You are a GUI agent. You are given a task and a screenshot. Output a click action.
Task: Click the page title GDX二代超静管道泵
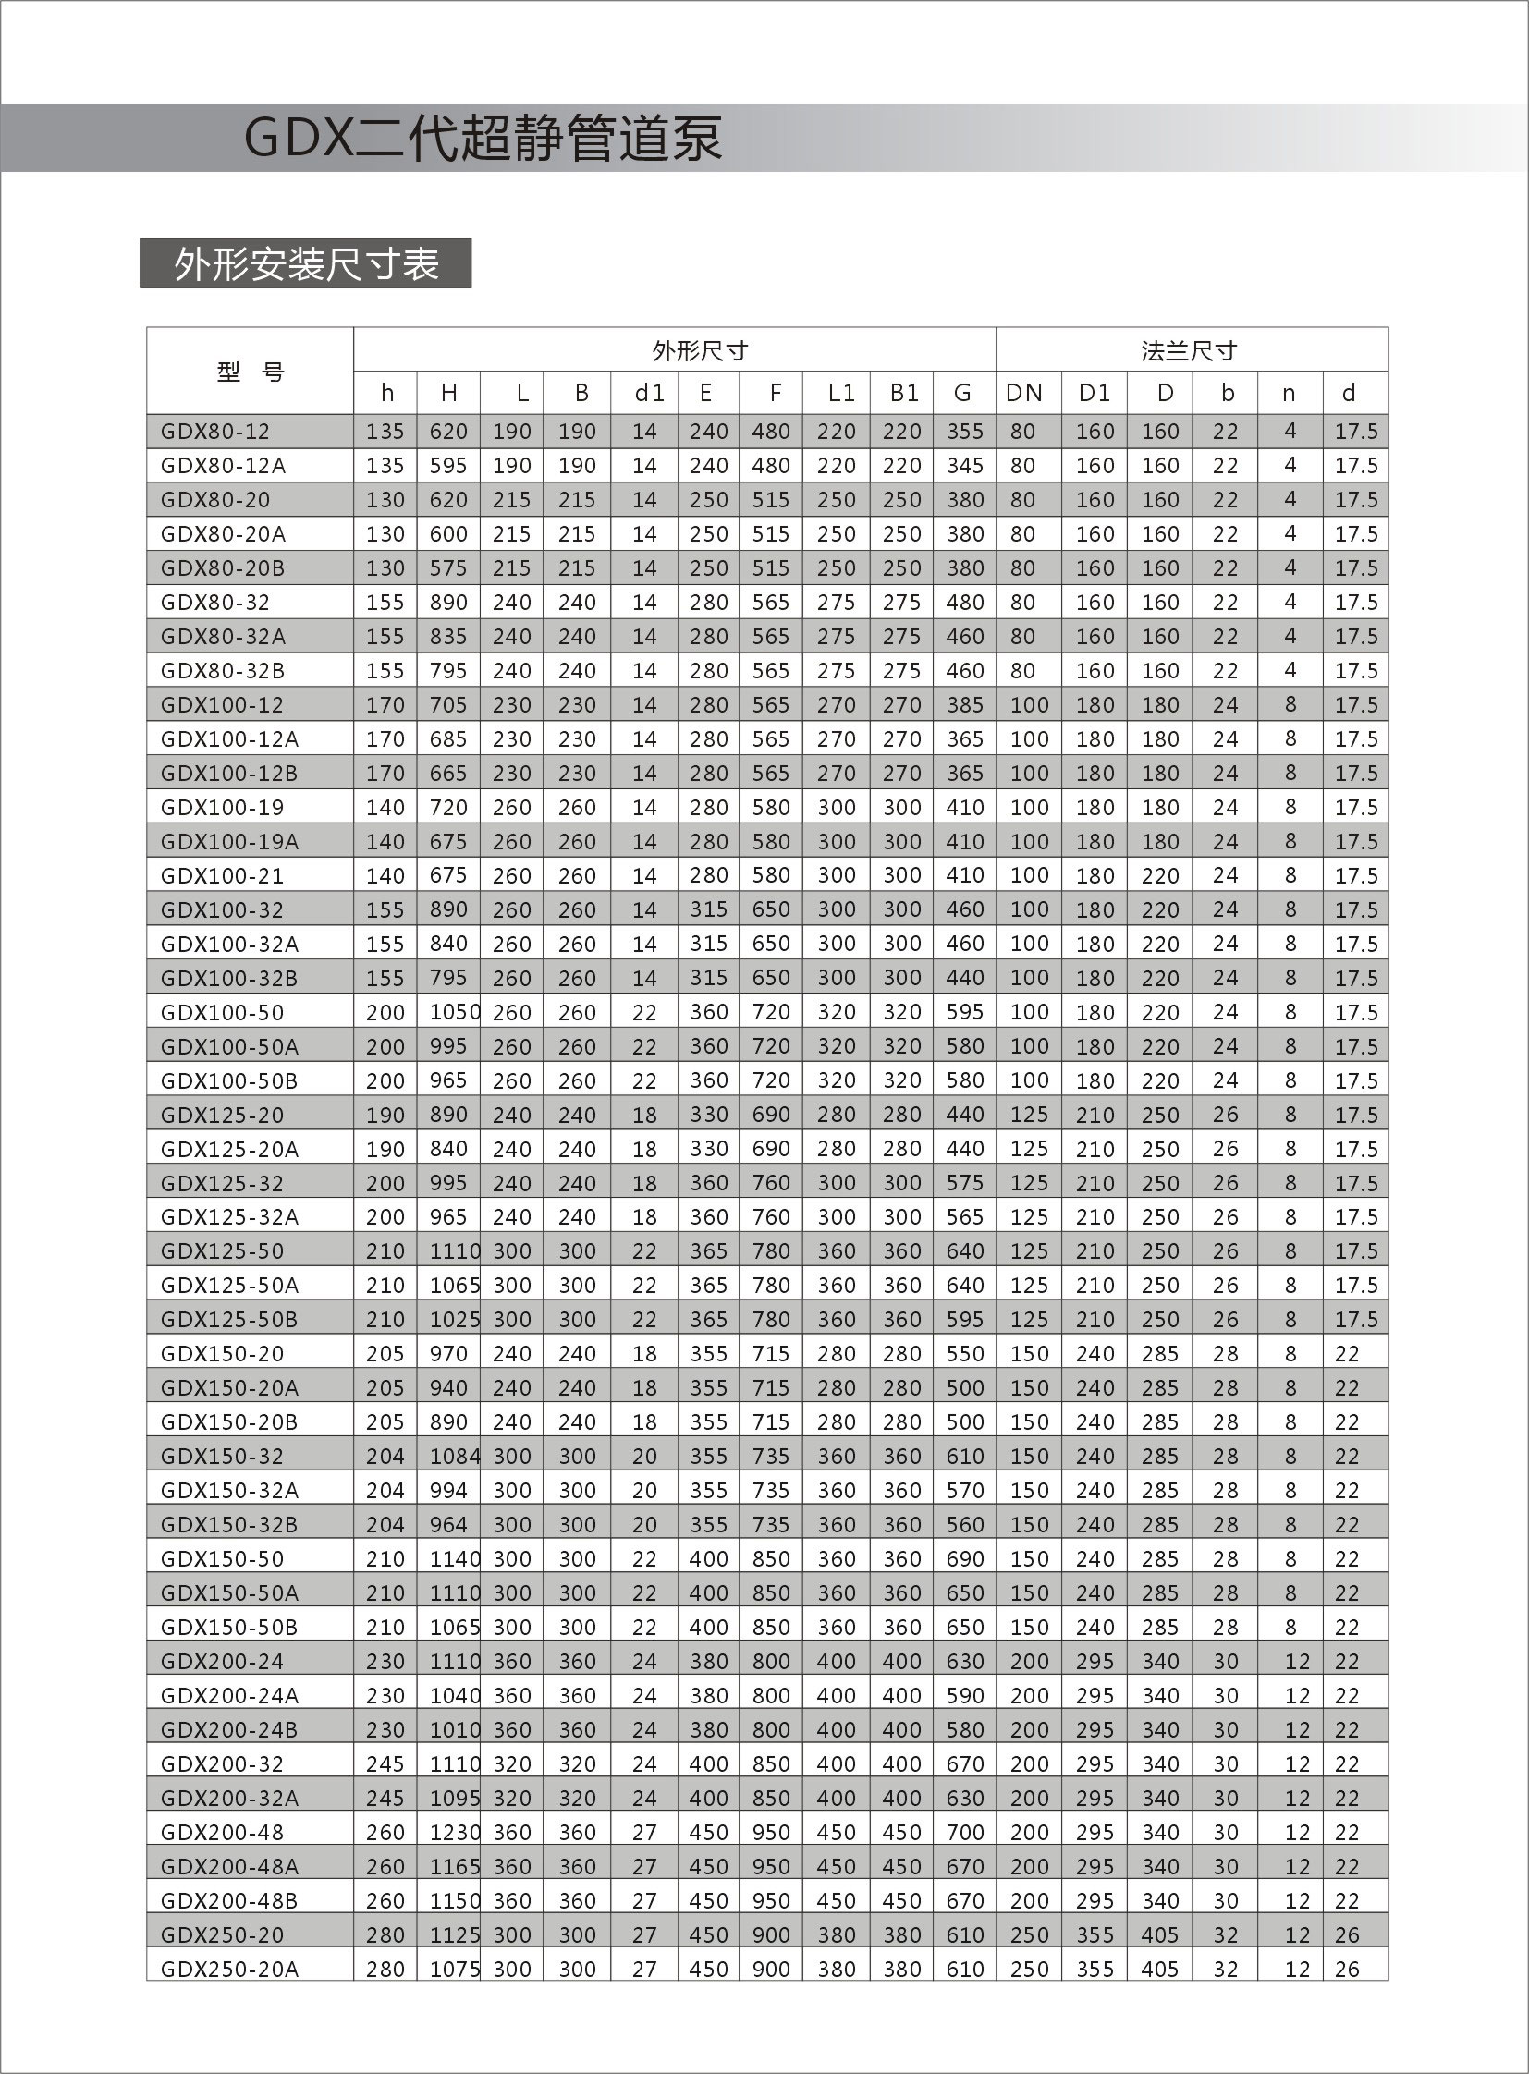point(483,139)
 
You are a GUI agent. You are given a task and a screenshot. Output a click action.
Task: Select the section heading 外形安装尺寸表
point(305,264)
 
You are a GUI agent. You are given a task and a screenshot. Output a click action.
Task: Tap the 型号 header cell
point(250,372)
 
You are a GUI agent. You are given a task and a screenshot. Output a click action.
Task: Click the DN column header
point(1023,394)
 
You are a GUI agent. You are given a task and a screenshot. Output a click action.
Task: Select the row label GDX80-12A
point(223,466)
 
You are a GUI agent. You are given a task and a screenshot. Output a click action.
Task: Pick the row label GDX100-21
point(222,875)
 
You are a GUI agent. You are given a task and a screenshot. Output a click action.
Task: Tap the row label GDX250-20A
point(229,1970)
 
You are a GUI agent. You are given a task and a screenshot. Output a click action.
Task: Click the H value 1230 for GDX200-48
point(455,1833)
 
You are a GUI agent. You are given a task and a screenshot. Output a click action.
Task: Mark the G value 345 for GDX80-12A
point(964,466)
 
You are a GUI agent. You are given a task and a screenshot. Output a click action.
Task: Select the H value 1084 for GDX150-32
point(455,1457)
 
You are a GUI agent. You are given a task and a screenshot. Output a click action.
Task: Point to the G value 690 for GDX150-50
point(964,1558)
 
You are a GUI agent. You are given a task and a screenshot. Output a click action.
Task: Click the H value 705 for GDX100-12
point(448,705)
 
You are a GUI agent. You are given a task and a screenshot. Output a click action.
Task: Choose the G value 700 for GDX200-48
point(964,1833)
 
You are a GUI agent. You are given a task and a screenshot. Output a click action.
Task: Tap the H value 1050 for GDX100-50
point(455,1012)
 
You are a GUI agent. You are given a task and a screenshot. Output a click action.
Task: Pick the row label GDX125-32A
point(229,1217)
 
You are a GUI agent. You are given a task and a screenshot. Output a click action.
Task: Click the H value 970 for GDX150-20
point(448,1354)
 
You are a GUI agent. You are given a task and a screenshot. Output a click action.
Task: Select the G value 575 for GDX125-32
point(964,1183)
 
